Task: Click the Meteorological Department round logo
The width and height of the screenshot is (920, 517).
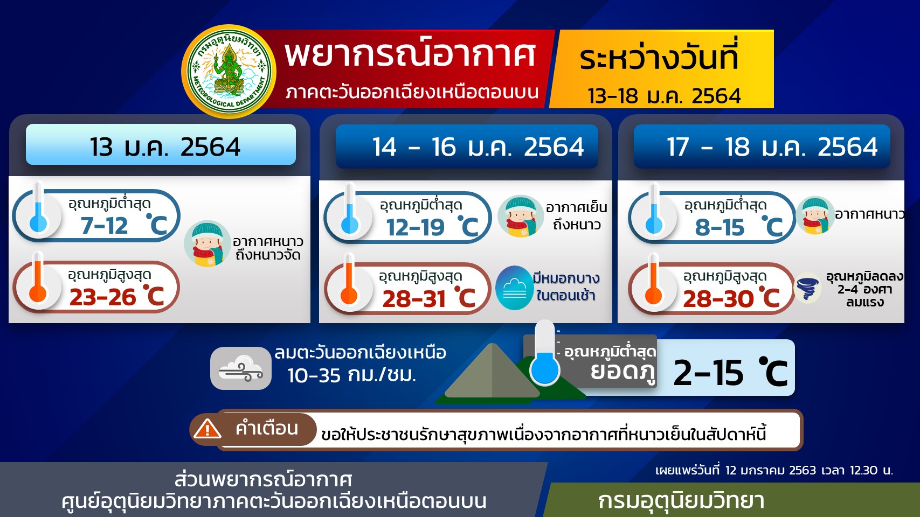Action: [229, 71]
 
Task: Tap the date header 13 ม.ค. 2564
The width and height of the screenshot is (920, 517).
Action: [165, 147]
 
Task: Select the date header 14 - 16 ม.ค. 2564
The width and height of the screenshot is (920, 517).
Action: [478, 147]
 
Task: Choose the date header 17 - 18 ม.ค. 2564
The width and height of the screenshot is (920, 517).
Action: [772, 147]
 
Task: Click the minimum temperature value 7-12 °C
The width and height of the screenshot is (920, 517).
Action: [123, 225]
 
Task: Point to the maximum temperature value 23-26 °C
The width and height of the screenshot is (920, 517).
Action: [117, 296]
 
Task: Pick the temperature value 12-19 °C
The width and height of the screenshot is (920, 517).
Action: [432, 227]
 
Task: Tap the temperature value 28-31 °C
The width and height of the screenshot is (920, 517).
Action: [429, 298]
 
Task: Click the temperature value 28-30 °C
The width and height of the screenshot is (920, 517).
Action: [731, 298]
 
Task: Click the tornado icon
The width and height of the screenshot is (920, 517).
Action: [808, 289]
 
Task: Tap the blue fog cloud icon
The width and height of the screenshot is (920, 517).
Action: [514, 288]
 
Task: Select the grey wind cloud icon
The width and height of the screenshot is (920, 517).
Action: [241, 368]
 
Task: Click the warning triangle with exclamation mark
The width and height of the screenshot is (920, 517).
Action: [207, 428]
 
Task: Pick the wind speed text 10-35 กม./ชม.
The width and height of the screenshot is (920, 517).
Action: [352, 375]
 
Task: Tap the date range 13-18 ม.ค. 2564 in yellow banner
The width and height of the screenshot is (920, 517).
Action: [664, 96]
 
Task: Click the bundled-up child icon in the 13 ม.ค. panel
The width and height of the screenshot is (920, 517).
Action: [206, 243]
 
